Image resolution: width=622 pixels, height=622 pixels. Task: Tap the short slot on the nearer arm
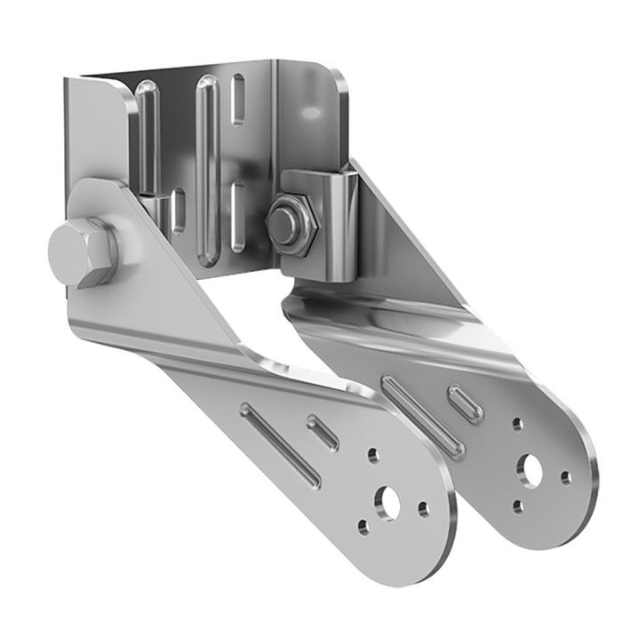(x=323, y=433)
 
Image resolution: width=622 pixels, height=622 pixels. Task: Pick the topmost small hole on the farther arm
(x=518, y=424)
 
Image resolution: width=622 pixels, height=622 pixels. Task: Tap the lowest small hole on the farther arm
(x=518, y=505)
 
